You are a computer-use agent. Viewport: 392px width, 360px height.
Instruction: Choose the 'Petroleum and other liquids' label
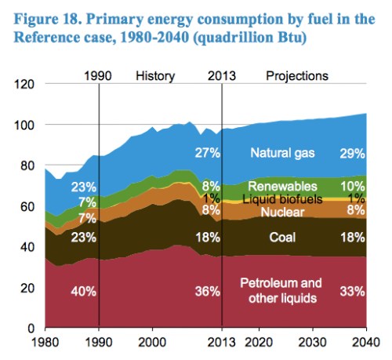pos(279,291)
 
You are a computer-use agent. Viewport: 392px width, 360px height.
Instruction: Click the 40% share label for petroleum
pos(83,291)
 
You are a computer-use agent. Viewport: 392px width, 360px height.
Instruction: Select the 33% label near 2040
pos(352,291)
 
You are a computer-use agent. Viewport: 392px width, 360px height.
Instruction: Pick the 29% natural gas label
pos(352,153)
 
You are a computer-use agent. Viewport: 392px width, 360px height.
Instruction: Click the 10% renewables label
pos(352,187)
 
